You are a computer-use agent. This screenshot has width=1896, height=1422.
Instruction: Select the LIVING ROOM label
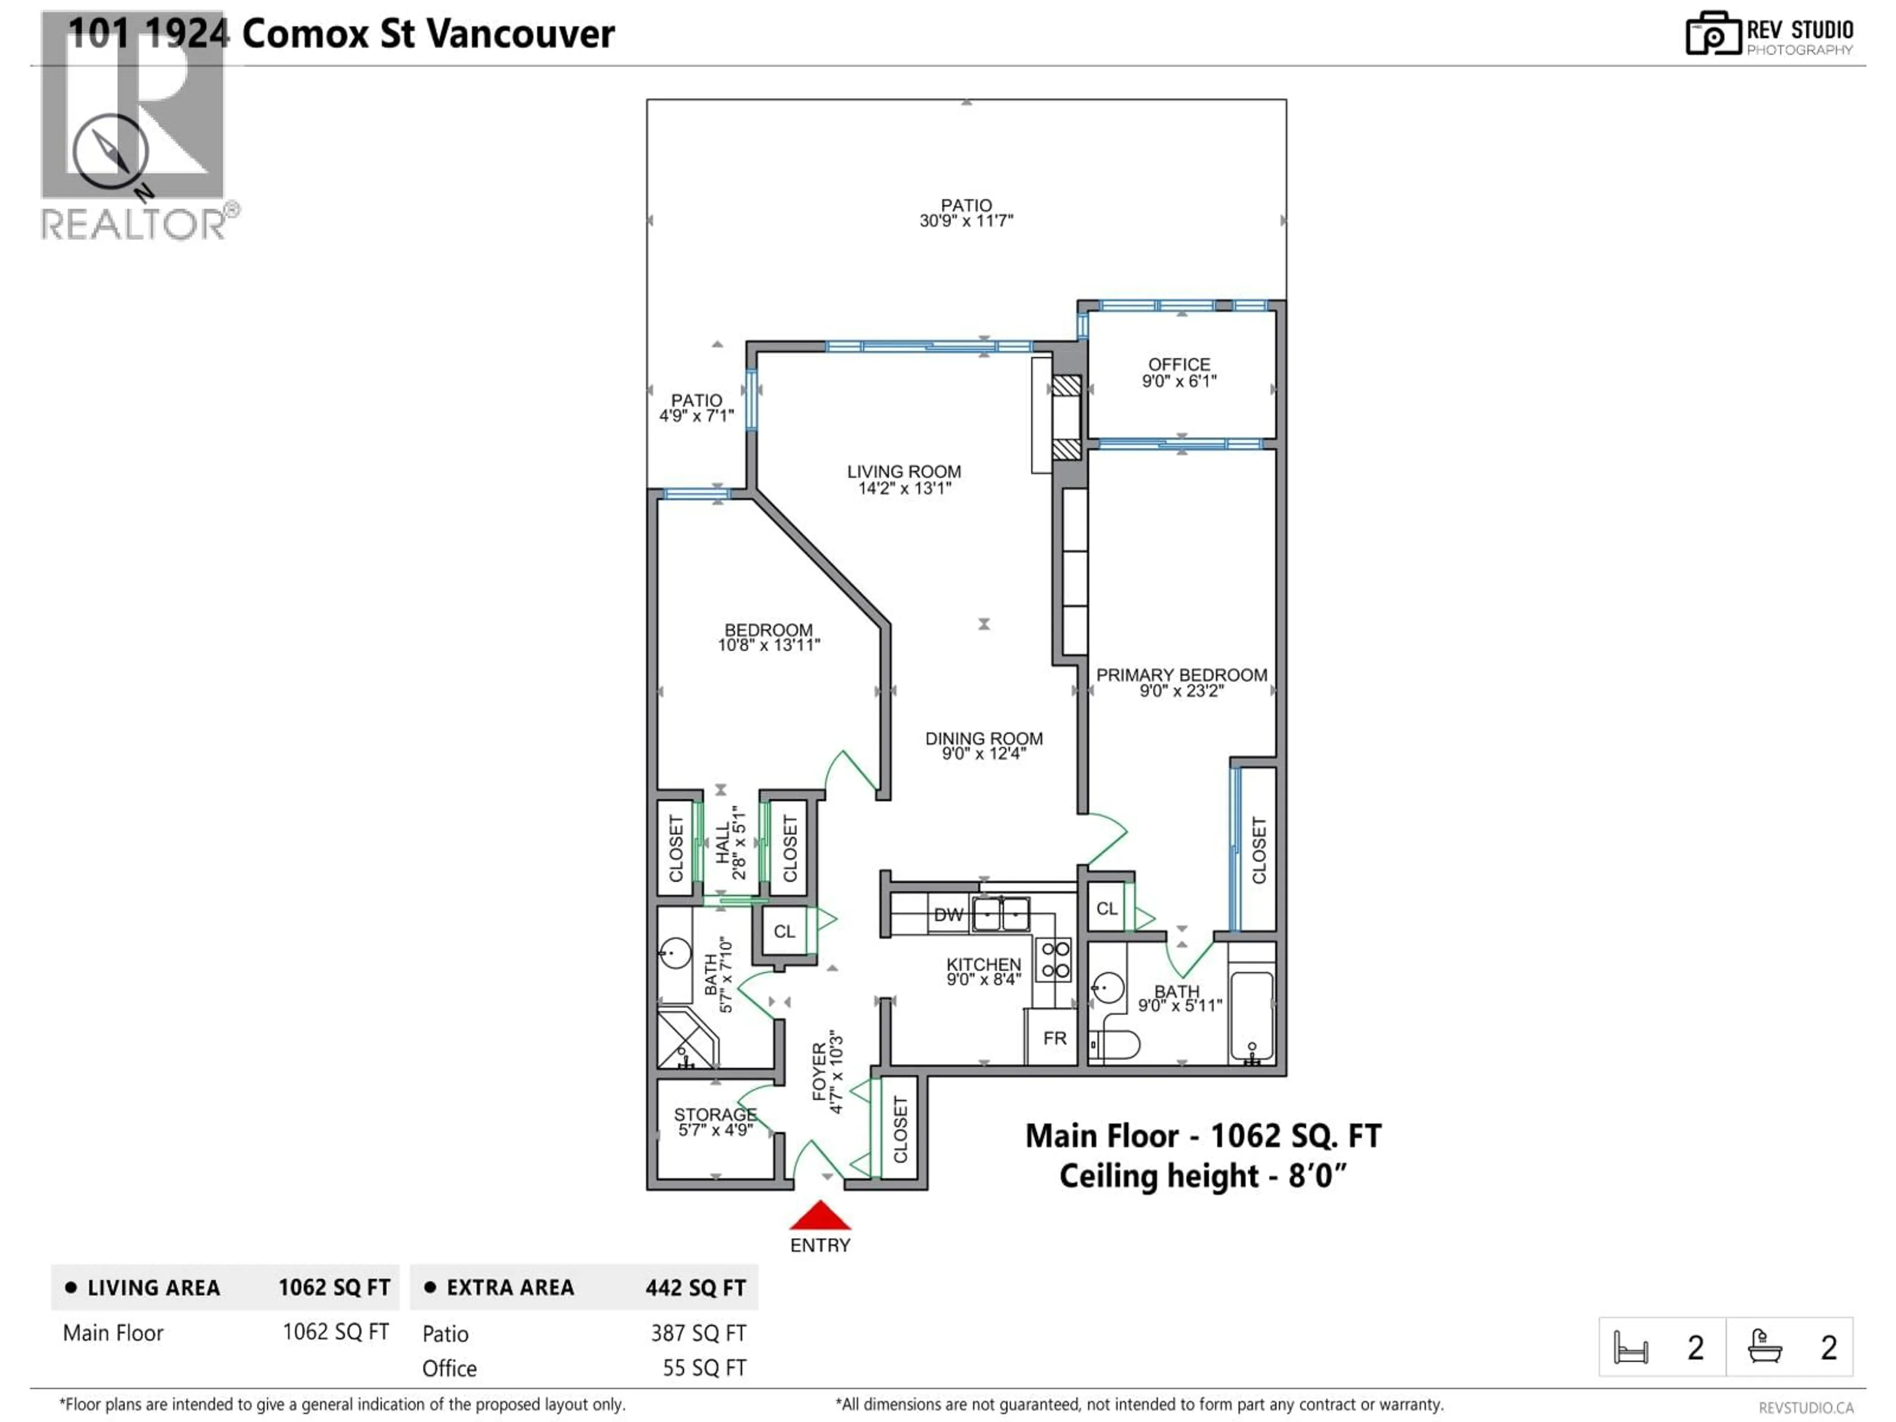pyautogui.click(x=904, y=472)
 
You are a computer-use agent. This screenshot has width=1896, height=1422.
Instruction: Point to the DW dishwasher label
pyautogui.click(x=948, y=914)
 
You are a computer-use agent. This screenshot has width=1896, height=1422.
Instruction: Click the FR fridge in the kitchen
pyautogui.click(x=1054, y=1038)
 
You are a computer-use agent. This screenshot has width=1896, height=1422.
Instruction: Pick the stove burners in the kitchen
pyautogui.click(x=1055, y=960)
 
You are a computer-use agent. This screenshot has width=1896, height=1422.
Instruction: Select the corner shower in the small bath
pyautogui.click(x=686, y=1040)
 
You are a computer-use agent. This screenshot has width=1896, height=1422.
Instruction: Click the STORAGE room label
pyautogui.click(x=715, y=1114)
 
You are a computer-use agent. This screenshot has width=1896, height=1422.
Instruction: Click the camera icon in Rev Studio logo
pyautogui.click(x=1712, y=34)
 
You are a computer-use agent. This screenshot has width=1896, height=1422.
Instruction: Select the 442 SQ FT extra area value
pyautogui.click(x=695, y=1287)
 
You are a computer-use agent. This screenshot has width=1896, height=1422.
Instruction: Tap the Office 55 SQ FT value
pyautogui.click(x=704, y=1368)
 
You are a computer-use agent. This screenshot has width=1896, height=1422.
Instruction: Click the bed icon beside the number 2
pyautogui.click(x=1630, y=1347)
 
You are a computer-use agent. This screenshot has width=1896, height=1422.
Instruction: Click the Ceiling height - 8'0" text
pyautogui.click(x=1203, y=1176)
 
